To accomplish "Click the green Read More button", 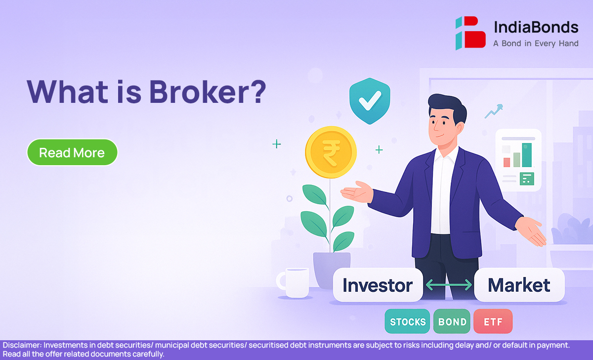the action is (72, 152).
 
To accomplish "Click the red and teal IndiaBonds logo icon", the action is (470, 33).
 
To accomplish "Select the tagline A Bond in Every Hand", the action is (536, 44).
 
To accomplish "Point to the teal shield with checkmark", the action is (370, 101).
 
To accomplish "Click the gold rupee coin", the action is (331, 152).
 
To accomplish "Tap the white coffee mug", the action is (294, 282).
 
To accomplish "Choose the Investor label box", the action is (378, 285).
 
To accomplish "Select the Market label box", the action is (519, 285).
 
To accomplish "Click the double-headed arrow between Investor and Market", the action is (449, 285).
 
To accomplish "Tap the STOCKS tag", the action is (407, 321).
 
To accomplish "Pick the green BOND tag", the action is (452, 321).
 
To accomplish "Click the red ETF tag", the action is (493, 321).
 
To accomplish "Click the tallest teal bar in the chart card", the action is (527, 155).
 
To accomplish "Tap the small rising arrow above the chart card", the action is (494, 111).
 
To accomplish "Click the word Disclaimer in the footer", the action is (22, 345).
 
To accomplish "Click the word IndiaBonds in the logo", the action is (536, 27).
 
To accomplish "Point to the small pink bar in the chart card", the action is (507, 162).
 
